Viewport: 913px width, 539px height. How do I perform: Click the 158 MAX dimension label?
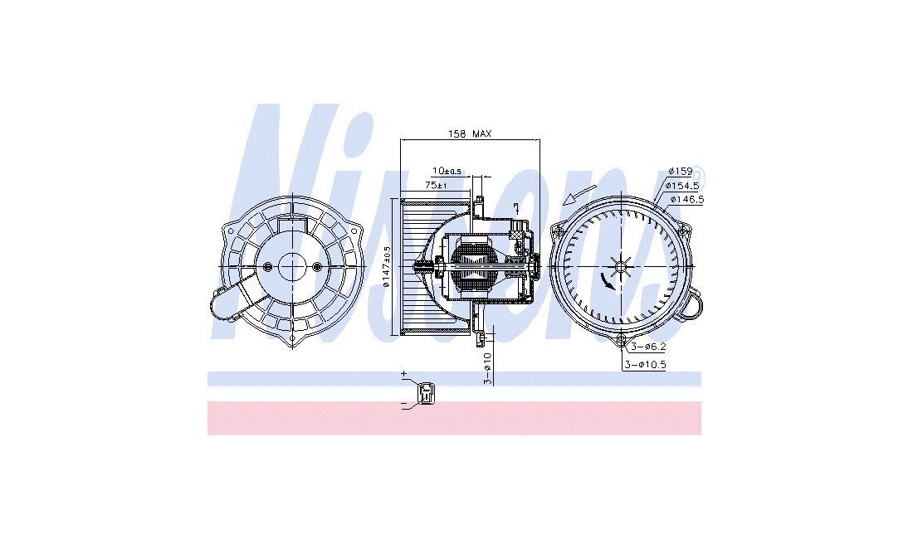469,134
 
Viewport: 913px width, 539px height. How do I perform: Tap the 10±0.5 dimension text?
447,171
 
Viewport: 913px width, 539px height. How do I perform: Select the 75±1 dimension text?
436,185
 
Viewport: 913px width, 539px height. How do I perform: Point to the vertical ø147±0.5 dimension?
387,267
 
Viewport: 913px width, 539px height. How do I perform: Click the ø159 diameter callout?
680,171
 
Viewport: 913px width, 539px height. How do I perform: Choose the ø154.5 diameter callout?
683,186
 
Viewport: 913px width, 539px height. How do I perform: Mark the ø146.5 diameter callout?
687,200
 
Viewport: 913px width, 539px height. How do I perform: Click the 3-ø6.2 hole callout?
648,347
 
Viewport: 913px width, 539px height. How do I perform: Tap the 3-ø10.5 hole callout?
645,365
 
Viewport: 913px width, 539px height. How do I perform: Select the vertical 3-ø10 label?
488,368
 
